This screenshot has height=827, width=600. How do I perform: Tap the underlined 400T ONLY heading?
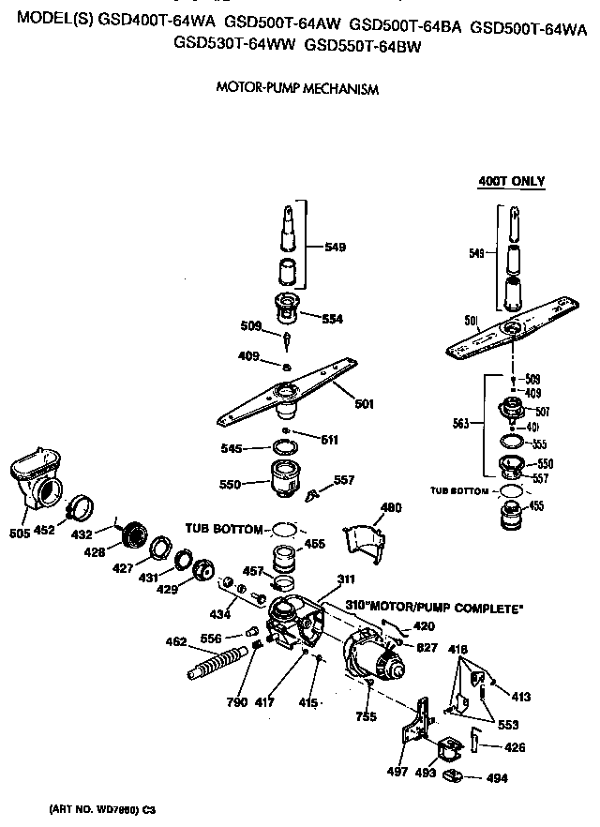pyautogui.click(x=511, y=181)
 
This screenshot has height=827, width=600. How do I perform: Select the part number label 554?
pyautogui.click(x=332, y=319)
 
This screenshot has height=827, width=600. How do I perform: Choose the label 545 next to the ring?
pyautogui.click(x=231, y=449)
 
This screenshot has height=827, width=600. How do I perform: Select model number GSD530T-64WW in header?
pyautogui.click(x=234, y=44)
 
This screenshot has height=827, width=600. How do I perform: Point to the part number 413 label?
pyautogui.click(x=521, y=697)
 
